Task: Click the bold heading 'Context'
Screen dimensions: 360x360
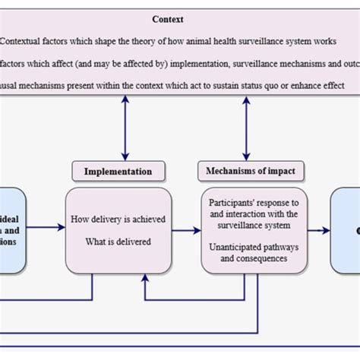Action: (167, 20)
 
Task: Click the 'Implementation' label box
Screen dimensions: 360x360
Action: (117, 172)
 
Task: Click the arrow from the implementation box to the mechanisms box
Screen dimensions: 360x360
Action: (185, 230)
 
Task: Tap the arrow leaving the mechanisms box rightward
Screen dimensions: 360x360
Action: (318, 230)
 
